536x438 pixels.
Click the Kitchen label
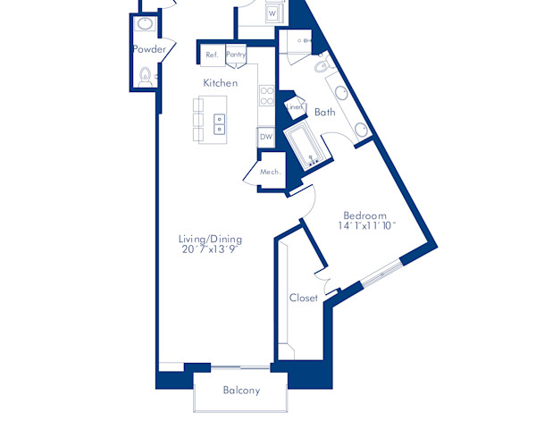220,83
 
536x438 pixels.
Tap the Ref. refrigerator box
212,55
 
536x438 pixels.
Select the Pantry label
236,55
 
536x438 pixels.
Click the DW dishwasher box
265,138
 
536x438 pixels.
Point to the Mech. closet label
270,172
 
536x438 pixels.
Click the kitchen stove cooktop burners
265,94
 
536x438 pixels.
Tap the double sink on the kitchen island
220,122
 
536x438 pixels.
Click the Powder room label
149,49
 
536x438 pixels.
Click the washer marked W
272,14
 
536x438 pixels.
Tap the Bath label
324,113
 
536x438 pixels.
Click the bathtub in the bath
306,147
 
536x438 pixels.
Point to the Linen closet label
295,107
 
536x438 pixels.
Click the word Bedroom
365,215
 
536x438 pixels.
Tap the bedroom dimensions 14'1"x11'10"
366,227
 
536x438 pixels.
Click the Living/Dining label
210,239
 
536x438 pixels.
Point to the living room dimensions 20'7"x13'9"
210,249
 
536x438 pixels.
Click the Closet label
304,299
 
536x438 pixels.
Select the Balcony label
241,391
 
